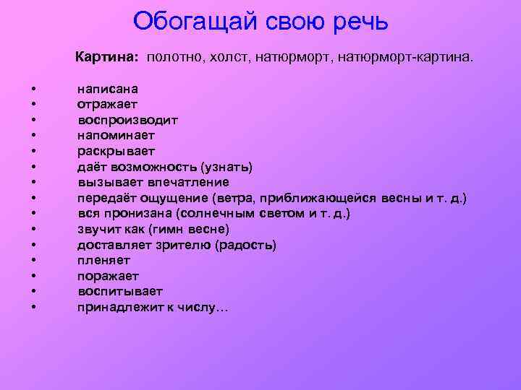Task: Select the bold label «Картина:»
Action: coord(110,56)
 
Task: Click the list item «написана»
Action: coord(108,88)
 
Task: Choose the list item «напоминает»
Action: coord(116,135)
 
